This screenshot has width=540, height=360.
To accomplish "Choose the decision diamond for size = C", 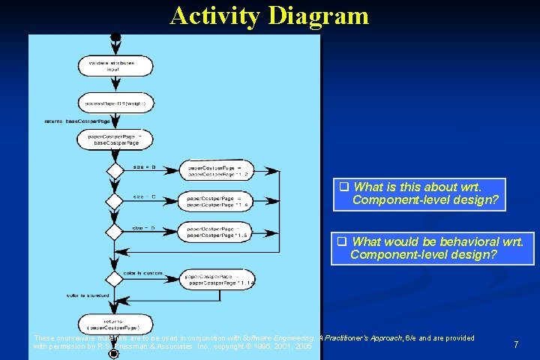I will pyautogui.click(x=114, y=201).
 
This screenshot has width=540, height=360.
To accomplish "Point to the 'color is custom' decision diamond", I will pyautogui.click(x=114, y=279).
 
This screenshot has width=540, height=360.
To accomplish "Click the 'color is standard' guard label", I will pyautogui.click(x=88, y=295).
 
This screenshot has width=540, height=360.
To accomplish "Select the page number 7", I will pyautogui.click(x=515, y=344).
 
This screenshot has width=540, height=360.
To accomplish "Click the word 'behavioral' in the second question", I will pyautogui.click(x=468, y=241).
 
